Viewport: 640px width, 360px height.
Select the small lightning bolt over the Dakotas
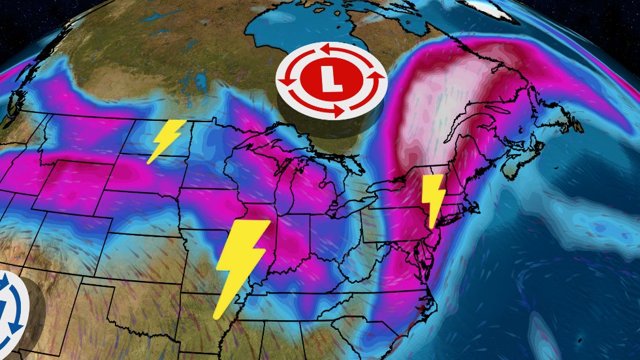(x=164, y=140)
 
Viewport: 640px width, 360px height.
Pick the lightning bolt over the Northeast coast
(x=433, y=199)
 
